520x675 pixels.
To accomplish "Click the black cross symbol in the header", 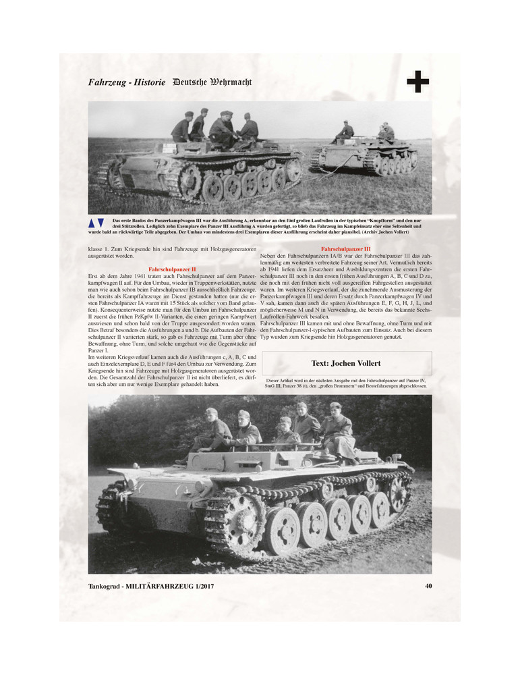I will [x=418, y=83].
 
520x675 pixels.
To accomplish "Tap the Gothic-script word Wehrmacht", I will [x=227, y=82].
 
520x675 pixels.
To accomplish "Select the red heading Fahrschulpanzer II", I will [x=172, y=269].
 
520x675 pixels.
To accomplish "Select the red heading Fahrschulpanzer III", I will [x=345, y=249].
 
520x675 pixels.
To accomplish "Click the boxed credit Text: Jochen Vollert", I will [x=346, y=362].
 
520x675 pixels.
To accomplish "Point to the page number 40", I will [x=428, y=585].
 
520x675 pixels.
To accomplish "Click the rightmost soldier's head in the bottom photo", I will [x=335, y=408].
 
